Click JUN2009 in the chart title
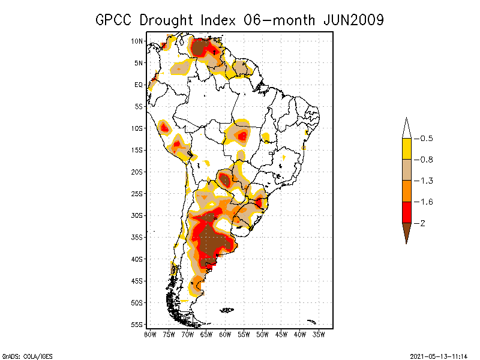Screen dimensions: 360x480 (353, 20)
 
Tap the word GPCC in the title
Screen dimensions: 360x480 (115, 20)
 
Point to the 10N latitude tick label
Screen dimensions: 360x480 (137, 41)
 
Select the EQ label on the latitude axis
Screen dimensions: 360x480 (138, 85)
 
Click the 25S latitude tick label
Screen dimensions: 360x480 (137, 193)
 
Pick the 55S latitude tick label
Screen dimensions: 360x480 (137, 324)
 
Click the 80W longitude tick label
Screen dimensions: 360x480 (150, 334)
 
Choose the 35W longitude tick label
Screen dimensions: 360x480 (319, 334)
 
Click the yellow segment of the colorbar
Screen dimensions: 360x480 (406, 149)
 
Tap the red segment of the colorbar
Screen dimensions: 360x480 (406, 212)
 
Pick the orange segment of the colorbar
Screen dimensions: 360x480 (406, 191)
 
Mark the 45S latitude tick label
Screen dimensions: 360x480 (137, 280)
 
